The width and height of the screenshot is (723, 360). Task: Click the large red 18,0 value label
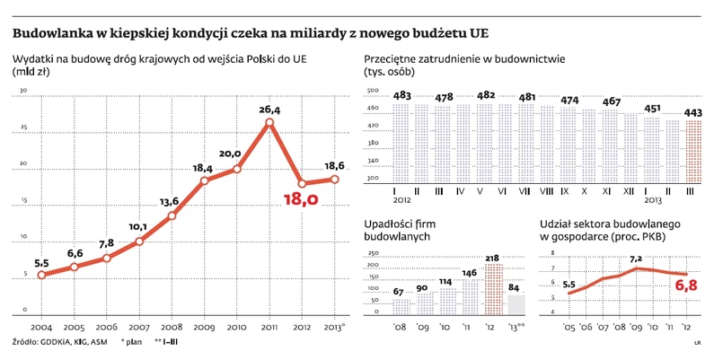click(300, 198)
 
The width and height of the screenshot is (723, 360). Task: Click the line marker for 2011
click(269, 121)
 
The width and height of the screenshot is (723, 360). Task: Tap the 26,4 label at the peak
click(269, 109)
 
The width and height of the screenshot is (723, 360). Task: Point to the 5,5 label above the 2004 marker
click(41, 263)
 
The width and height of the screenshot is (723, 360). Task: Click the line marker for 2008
click(172, 215)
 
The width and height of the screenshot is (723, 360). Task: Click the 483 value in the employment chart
click(402, 97)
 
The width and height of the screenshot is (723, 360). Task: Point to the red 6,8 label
click(684, 286)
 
